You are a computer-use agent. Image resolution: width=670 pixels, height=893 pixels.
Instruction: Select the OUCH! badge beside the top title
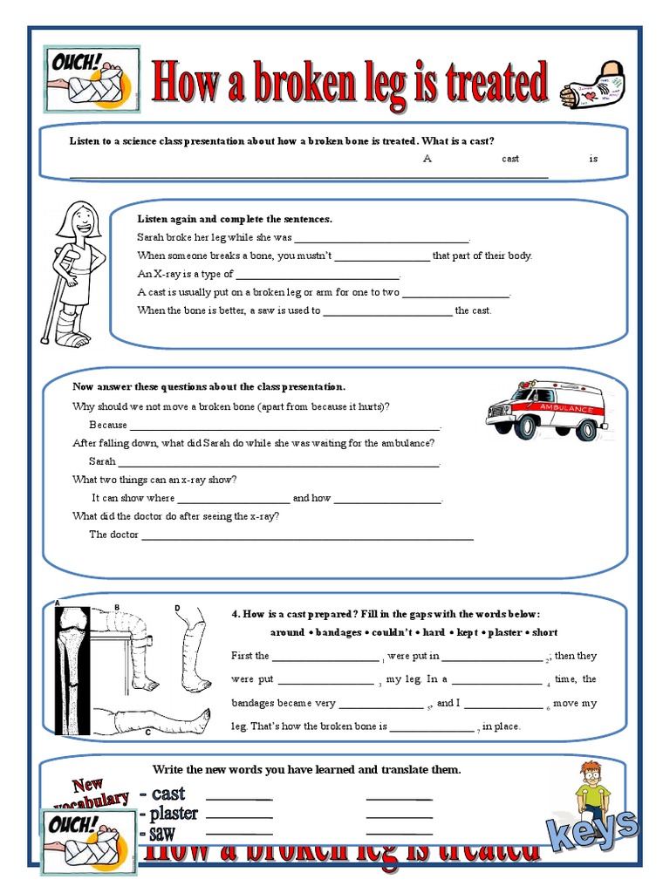(90, 79)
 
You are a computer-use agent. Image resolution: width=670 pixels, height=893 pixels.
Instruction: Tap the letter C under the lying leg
(147, 733)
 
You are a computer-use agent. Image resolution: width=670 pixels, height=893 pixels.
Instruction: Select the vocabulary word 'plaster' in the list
(174, 814)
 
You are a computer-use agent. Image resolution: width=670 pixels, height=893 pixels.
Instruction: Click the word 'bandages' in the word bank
(338, 632)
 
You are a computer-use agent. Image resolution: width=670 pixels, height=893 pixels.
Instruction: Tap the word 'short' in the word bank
(544, 632)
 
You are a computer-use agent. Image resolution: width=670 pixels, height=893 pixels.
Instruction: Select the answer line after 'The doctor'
(307, 536)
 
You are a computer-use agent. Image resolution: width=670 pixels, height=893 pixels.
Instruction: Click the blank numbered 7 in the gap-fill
(432, 726)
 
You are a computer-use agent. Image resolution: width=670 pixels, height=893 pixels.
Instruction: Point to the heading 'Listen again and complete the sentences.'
(235, 219)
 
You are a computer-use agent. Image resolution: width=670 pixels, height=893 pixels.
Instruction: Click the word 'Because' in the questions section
(108, 425)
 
